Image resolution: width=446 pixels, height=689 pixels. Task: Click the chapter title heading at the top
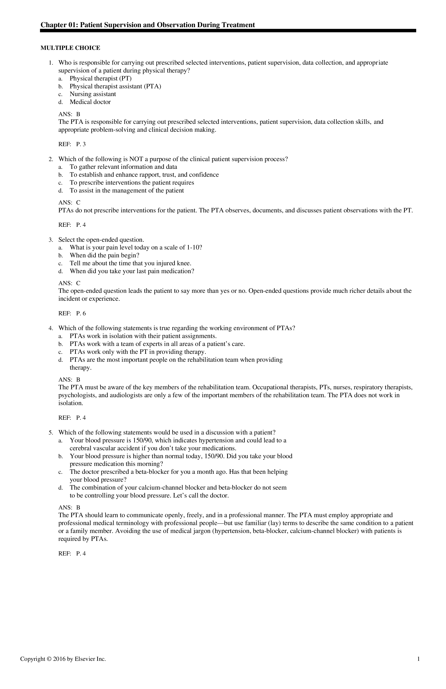coord(148,25)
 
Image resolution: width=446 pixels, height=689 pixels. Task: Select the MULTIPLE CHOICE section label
coord(70,48)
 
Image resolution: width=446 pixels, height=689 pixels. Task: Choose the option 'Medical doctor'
coord(90,102)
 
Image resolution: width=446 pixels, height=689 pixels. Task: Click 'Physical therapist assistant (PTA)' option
coord(115,86)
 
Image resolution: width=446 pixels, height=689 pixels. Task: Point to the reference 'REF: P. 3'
coord(72,144)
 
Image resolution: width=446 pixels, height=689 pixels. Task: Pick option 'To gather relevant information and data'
coord(123,167)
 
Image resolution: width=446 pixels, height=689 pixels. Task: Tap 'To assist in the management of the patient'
coord(127,190)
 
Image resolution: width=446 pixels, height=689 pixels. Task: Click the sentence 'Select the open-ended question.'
coord(101,240)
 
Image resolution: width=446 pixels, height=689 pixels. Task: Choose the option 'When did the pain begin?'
coord(105,255)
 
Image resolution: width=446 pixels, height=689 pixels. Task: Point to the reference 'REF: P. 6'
coord(72,313)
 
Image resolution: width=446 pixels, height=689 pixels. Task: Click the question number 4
coord(51,328)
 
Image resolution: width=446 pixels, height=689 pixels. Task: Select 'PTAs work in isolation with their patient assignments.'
coord(143,336)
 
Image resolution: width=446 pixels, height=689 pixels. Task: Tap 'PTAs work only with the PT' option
coord(138,352)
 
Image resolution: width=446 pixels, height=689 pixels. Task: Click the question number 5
coord(51,432)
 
